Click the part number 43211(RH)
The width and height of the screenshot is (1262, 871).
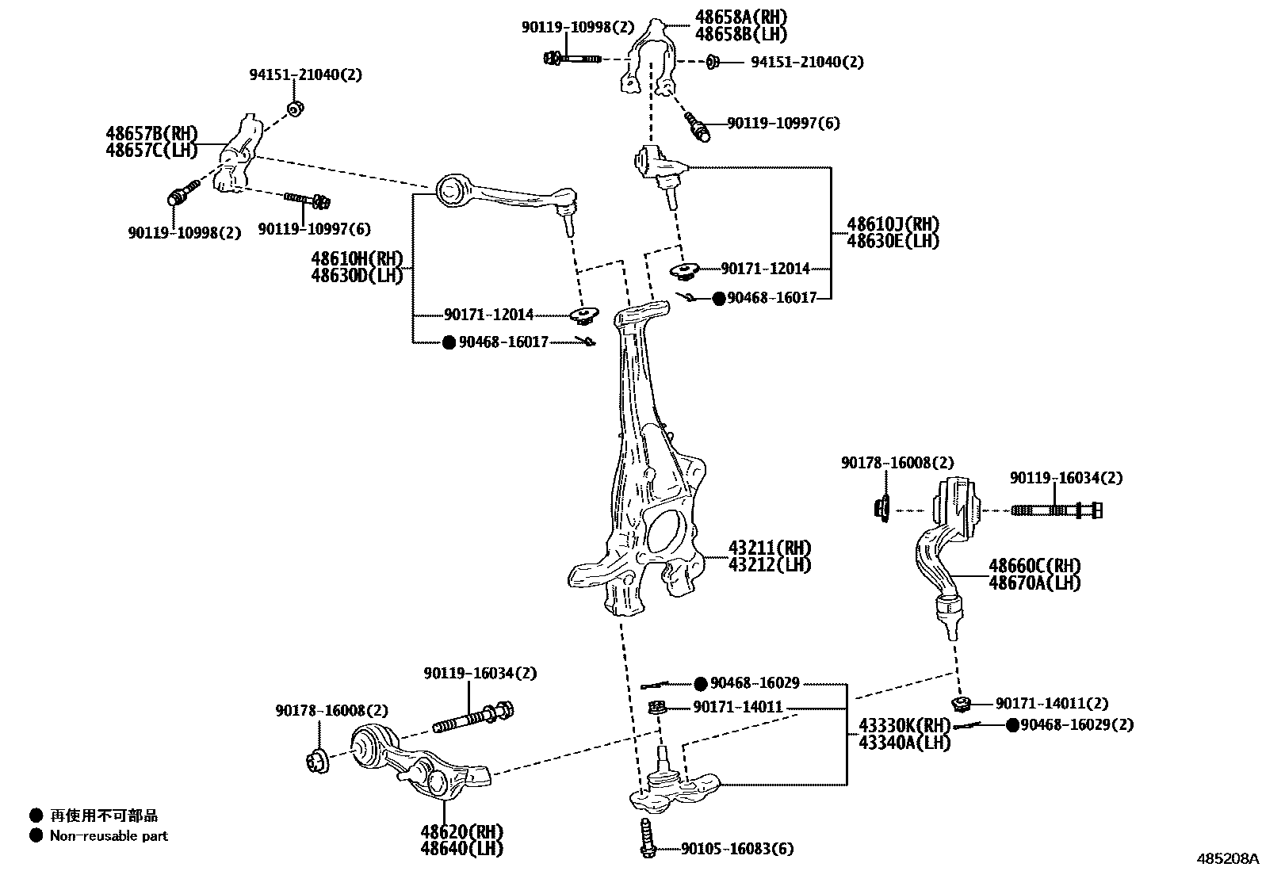click(x=770, y=548)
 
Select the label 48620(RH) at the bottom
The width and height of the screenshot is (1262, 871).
click(x=462, y=832)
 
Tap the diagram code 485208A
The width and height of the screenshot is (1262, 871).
click(x=1228, y=858)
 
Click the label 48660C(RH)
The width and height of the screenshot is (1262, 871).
click(x=1034, y=566)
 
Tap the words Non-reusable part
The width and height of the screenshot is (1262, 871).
click(x=109, y=835)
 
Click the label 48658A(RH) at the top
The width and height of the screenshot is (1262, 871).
click(x=741, y=17)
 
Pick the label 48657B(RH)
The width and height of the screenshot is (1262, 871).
click(x=151, y=132)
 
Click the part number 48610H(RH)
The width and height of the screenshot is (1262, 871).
click(x=357, y=258)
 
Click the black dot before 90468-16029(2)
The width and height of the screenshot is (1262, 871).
click(x=1012, y=725)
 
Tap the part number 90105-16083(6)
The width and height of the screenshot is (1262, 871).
click(x=737, y=850)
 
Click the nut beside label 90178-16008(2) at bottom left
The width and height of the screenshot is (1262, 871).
click(x=318, y=759)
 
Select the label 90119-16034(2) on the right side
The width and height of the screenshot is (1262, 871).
click(x=1066, y=478)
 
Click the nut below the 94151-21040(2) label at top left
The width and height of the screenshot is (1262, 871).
click(x=294, y=108)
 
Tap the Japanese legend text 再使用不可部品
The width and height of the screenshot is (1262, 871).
click(x=104, y=815)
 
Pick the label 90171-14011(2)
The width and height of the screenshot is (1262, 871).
click(x=1052, y=703)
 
